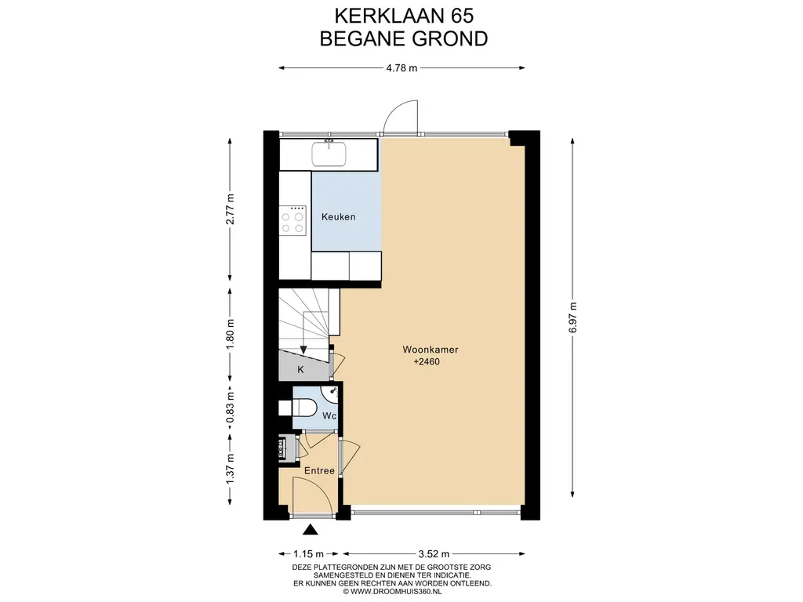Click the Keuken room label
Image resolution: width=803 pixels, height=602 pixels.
(x=338, y=216)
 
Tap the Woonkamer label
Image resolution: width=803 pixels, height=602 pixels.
(x=431, y=350)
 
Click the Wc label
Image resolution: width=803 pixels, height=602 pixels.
(x=329, y=415)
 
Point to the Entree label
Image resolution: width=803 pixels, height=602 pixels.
(x=320, y=470)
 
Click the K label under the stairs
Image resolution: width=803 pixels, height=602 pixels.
(x=300, y=369)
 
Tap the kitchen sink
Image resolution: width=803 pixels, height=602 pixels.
(x=329, y=154)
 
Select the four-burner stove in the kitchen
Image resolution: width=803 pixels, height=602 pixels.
(x=292, y=220)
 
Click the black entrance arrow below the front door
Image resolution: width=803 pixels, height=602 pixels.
(x=310, y=529)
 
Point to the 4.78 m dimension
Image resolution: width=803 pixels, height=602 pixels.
(x=401, y=67)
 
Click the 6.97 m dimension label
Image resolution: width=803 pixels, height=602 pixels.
(x=572, y=317)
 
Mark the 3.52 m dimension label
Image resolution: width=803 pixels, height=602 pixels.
(x=434, y=553)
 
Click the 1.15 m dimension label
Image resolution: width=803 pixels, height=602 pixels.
(x=308, y=553)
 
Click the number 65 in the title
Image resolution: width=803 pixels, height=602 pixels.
(x=462, y=16)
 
